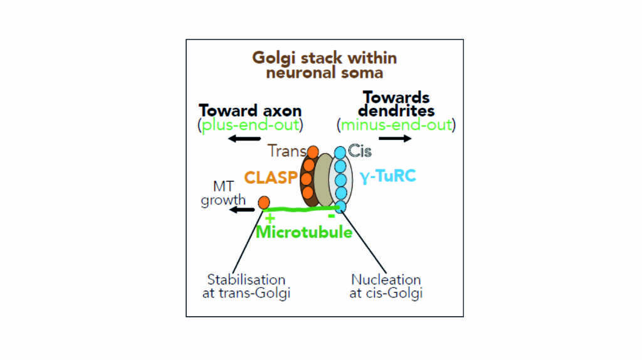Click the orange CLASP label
click(271, 177)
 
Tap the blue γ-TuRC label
click(387, 176)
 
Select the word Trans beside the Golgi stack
click(287, 151)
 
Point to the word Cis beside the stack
click(359, 151)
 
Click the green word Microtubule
click(304, 232)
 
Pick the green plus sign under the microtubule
click(270, 218)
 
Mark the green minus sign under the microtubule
click(332, 216)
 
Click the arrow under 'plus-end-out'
click(244, 139)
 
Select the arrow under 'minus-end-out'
click(395, 139)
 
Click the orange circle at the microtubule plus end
click(264, 203)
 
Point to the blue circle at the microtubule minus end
click(340, 206)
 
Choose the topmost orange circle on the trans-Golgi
click(313, 152)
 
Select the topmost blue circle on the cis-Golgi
click(340, 153)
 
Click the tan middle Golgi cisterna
click(324, 179)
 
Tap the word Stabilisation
click(246, 280)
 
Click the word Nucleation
click(386, 280)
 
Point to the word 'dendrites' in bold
click(396, 110)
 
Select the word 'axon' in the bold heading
click(282, 111)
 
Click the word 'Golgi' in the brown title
click(273, 58)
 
